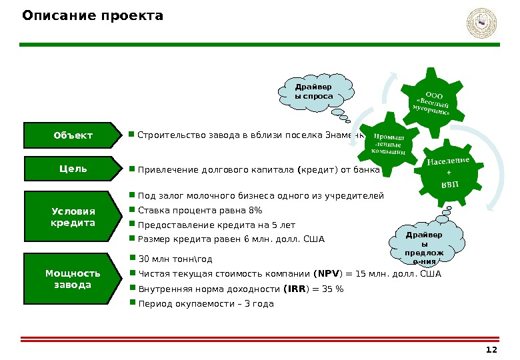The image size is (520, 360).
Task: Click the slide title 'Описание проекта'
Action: pos(93,15)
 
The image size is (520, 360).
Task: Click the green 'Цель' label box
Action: pos(73,169)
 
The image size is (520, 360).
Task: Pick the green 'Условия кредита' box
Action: pos(73,217)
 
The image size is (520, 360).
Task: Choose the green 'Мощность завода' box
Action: pos(73,279)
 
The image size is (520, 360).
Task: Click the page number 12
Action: pos(492,351)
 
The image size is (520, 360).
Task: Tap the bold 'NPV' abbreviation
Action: pos(327,273)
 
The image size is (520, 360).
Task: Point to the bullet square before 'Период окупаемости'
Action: pos(132,303)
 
